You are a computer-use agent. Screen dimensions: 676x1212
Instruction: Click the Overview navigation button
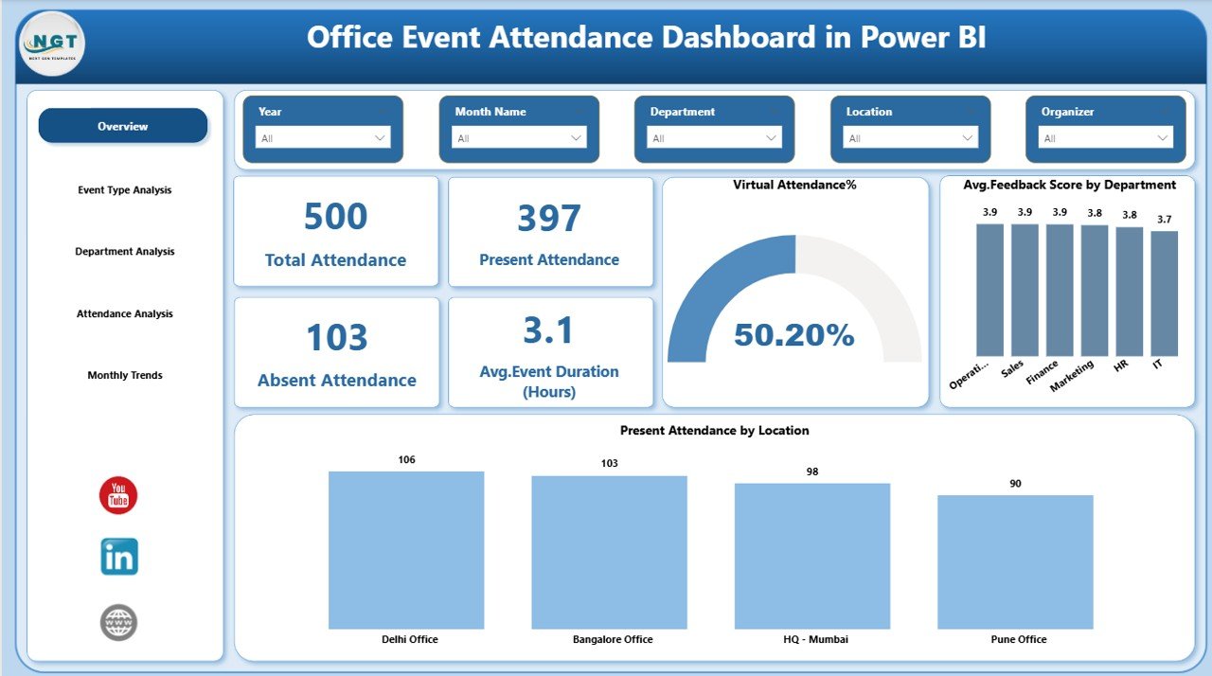coord(122,126)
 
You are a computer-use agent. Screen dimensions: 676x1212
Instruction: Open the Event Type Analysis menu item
coord(125,190)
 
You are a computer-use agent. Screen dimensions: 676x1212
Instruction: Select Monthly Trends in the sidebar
coord(125,376)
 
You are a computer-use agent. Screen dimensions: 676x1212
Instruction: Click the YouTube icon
coord(118,496)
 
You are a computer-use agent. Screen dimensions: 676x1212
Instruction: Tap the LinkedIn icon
coord(119,557)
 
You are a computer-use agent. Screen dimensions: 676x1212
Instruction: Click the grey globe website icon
coord(119,622)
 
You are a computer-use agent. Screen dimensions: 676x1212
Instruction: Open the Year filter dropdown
coord(323,138)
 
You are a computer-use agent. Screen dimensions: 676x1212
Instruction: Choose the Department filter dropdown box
coord(714,138)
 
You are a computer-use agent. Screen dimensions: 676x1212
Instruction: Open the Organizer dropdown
coord(1105,138)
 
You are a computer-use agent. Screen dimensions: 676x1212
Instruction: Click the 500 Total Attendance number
coord(335,217)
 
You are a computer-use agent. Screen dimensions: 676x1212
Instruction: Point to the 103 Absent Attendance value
coord(336,338)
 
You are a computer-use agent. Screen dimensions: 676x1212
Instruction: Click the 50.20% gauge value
coord(793,334)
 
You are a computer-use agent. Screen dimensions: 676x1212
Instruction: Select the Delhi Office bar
coord(406,550)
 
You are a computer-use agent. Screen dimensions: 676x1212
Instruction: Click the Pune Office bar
coord(1015,561)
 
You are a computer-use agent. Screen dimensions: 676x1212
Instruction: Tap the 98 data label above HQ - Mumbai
coord(812,471)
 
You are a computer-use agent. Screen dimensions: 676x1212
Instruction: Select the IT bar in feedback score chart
coord(1164,293)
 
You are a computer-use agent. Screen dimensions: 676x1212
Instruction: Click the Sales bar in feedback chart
coord(1025,289)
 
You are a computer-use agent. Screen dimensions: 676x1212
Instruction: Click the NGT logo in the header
coord(51,44)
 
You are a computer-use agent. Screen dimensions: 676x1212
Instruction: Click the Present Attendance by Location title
coord(714,431)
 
